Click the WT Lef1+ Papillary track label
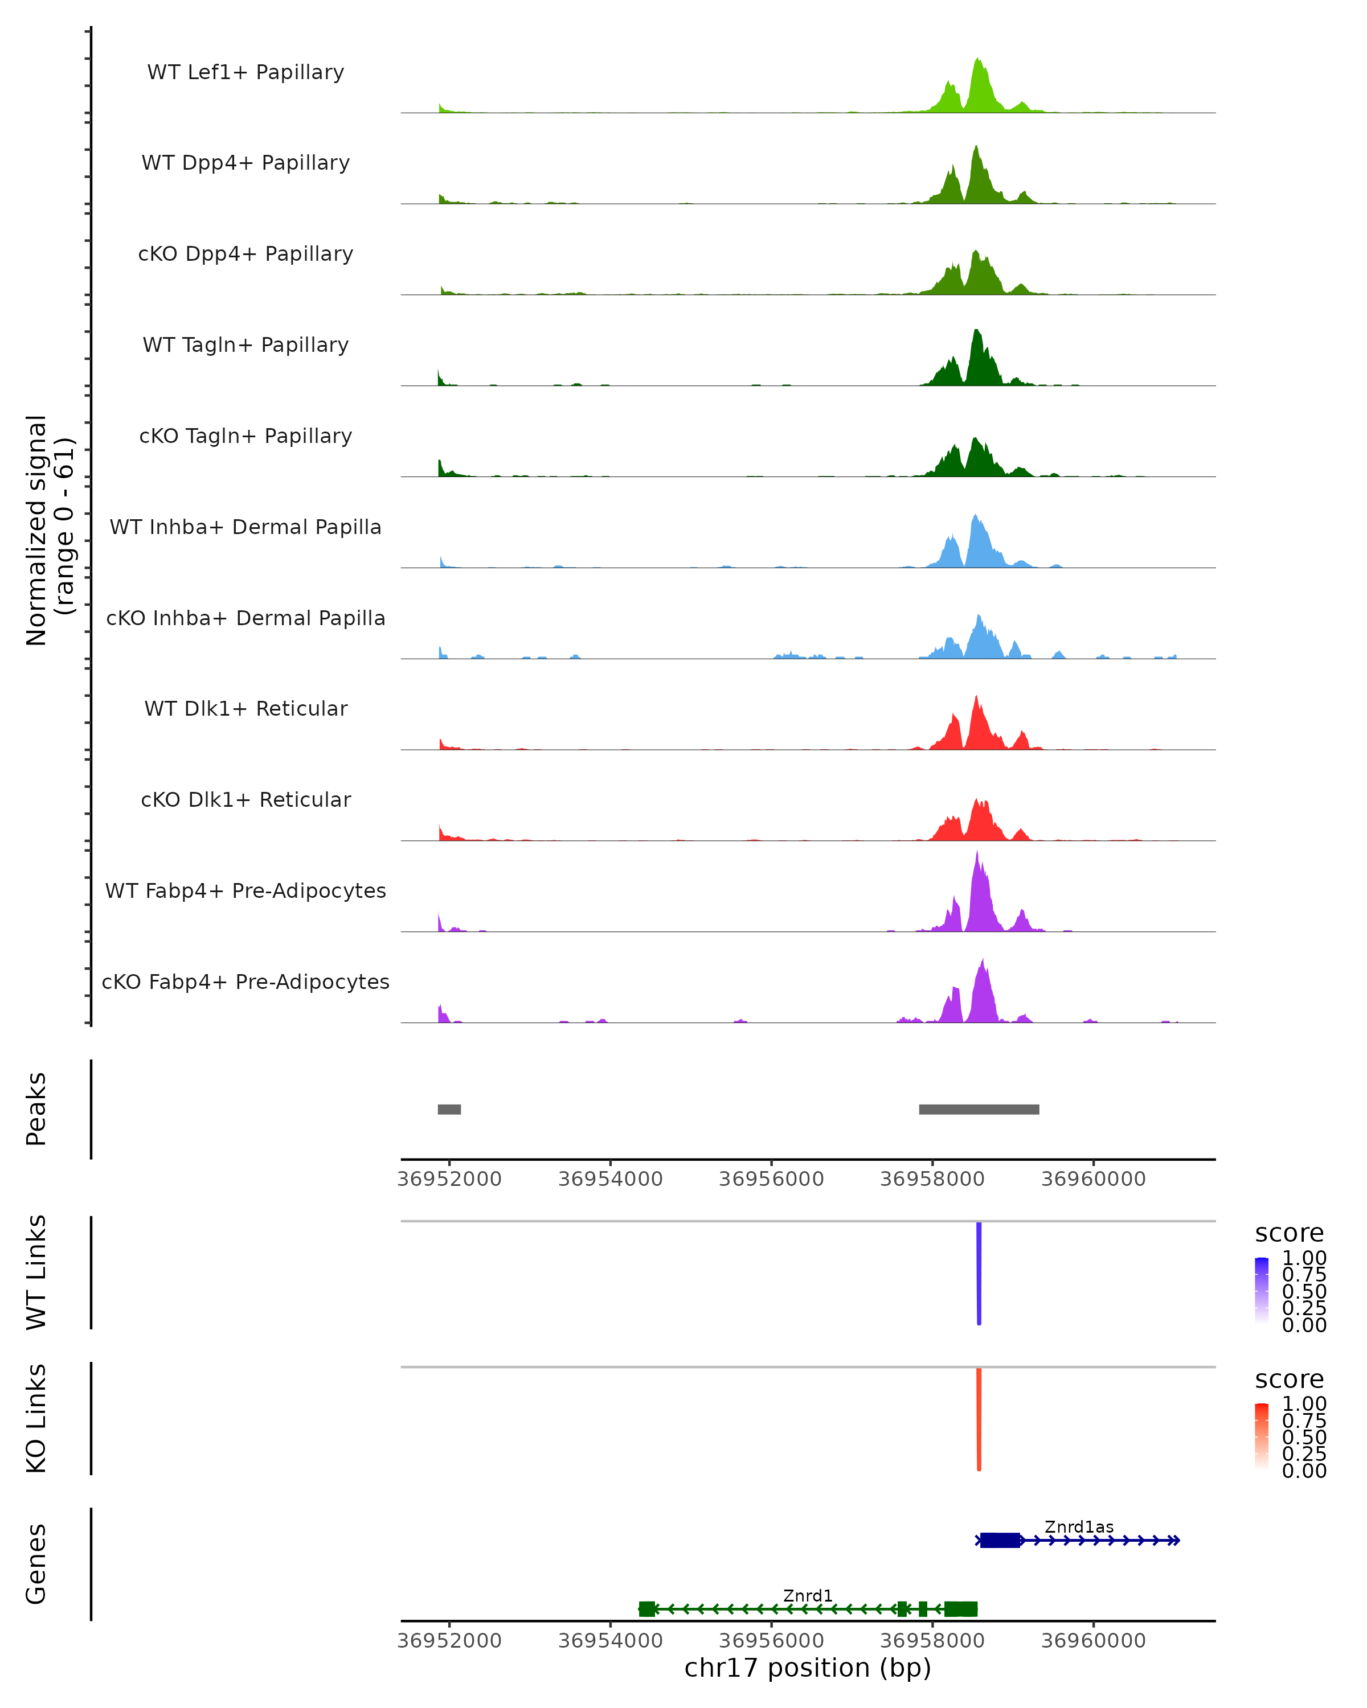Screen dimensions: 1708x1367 tap(245, 72)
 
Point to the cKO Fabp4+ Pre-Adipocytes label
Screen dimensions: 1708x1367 tap(245, 982)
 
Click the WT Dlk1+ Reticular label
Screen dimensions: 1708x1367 tap(245, 709)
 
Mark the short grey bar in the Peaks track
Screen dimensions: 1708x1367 tap(449, 1109)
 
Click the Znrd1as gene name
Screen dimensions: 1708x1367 tap(1079, 1526)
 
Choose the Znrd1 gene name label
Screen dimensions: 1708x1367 tap(808, 1595)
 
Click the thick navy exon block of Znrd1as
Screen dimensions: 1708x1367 tap(1000, 1540)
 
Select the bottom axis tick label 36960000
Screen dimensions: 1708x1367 tap(1093, 1640)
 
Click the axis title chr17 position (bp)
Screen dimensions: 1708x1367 tap(808, 1668)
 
